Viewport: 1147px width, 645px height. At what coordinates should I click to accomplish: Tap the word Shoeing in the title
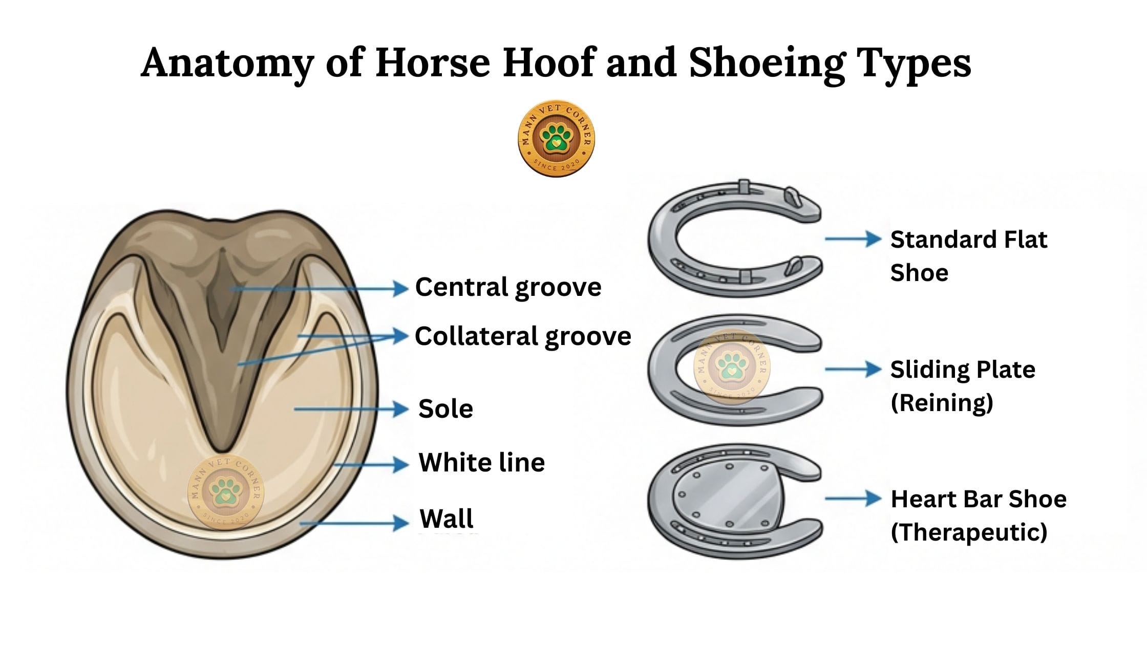[766, 63]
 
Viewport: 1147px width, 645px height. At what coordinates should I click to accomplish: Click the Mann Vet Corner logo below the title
[557, 138]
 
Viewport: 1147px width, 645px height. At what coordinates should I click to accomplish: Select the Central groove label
[508, 287]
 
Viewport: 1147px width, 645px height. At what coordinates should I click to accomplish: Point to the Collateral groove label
[523, 336]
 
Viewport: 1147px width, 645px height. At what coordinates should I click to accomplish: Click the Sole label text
[445, 409]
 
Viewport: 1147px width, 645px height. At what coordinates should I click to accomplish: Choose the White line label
[482, 463]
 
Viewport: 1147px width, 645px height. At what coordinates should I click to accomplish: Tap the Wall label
[447, 519]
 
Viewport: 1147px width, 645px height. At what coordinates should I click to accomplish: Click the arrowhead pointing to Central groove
[400, 289]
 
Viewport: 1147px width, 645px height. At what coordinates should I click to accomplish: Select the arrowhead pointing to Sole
[400, 409]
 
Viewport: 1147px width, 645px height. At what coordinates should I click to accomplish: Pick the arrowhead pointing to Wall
[400, 523]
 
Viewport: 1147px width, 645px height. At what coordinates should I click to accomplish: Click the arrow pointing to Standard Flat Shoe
[853, 239]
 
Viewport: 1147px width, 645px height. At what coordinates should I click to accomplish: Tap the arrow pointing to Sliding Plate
[853, 369]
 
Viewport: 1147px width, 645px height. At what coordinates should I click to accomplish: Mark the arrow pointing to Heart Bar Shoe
[853, 498]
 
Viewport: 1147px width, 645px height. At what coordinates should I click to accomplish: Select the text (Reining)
[942, 402]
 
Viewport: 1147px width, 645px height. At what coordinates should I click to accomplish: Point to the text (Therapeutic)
[969, 532]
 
